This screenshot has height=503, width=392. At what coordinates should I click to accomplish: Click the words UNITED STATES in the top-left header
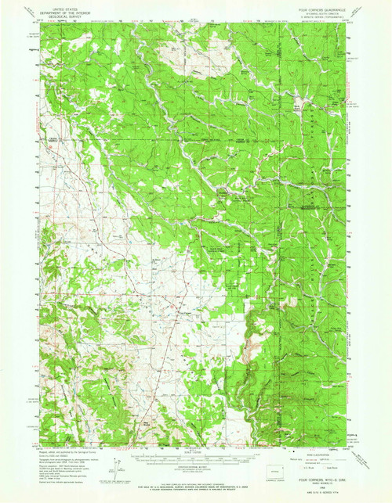(x=64, y=5)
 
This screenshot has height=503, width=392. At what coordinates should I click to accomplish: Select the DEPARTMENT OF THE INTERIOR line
(x=64, y=9)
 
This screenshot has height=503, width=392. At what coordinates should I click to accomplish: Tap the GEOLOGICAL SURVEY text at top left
(x=64, y=13)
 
